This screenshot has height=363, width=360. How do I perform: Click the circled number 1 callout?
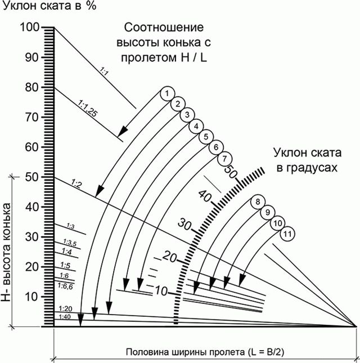coord(168,93)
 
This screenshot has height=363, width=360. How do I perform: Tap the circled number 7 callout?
coord(224,159)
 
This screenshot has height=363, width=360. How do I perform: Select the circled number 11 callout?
coord(287,234)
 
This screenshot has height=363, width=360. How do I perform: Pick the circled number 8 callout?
coord(258,201)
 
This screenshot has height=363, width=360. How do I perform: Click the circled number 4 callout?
coord(196,127)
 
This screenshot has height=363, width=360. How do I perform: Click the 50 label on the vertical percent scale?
coord(31,177)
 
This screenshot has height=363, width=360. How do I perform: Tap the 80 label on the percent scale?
coord(31,87)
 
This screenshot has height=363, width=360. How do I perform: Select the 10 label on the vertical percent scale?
coord(31,297)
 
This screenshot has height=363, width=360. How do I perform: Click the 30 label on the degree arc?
coord(184,224)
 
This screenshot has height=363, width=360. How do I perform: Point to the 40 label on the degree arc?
coord(205,196)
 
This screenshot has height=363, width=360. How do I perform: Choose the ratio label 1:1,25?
coord(87,109)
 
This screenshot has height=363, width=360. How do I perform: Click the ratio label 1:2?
coord(76,184)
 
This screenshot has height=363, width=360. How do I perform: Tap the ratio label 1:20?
coord(65,309)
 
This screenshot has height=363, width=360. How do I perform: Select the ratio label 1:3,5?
coord(70,243)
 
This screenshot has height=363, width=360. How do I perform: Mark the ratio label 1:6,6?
coord(65,286)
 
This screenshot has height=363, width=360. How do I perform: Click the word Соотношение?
coord(164,28)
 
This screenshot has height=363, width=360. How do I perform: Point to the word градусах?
coord(307,168)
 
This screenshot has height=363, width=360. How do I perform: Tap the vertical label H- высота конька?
coord(6,252)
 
